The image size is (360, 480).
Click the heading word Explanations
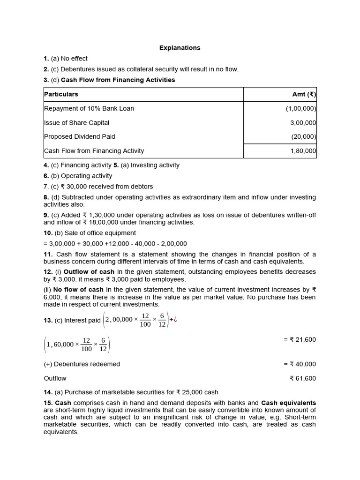tap(180, 48)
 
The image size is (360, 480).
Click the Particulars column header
tap(61, 94)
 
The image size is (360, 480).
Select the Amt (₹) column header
tap(304, 94)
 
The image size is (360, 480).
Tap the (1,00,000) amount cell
tap(301, 108)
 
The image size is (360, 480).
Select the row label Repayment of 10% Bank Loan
tap(89, 108)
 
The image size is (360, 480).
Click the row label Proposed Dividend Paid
tap(80, 136)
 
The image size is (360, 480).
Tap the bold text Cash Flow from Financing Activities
tap(118, 80)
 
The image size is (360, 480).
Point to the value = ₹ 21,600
tap(300, 339)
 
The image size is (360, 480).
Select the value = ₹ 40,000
tap(300, 364)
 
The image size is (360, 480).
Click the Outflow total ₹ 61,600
tap(303, 378)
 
